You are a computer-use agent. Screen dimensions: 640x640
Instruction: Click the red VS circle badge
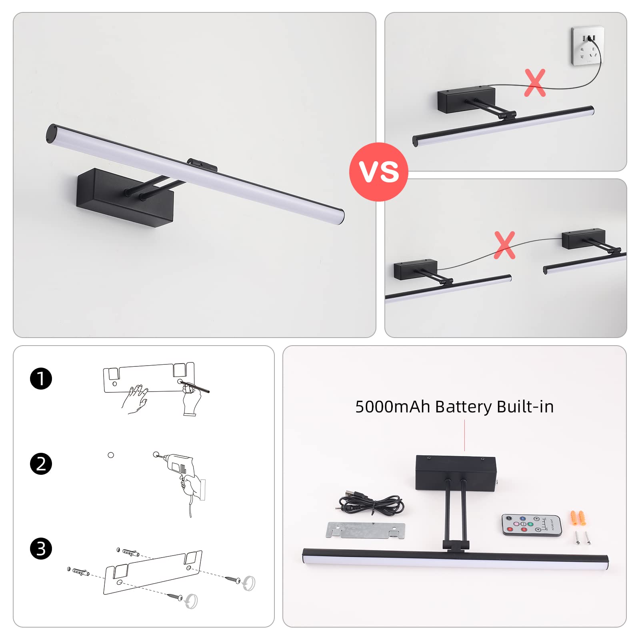click(378, 172)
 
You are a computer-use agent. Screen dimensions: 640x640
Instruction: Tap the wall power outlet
click(587, 46)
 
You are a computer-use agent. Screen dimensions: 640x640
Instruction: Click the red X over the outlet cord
click(535, 83)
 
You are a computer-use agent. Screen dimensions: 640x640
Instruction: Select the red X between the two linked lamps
click(504, 245)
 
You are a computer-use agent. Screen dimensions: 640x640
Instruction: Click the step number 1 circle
click(41, 379)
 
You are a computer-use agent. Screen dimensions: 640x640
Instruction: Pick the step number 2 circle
click(41, 464)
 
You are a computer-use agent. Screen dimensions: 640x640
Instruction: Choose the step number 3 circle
click(41, 549)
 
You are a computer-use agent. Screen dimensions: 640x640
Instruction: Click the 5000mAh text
click(392, 407)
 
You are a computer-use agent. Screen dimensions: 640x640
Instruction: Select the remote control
click(532, 525)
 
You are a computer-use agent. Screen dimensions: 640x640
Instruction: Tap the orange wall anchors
click(577, 518)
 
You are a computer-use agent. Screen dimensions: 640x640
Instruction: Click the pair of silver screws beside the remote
click(582, 538)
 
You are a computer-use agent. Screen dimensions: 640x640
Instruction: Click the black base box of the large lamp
click(125, 198)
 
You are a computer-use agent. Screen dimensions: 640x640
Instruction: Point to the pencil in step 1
click(195, 386)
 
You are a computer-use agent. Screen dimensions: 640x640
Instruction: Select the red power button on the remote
click(509, 518)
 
